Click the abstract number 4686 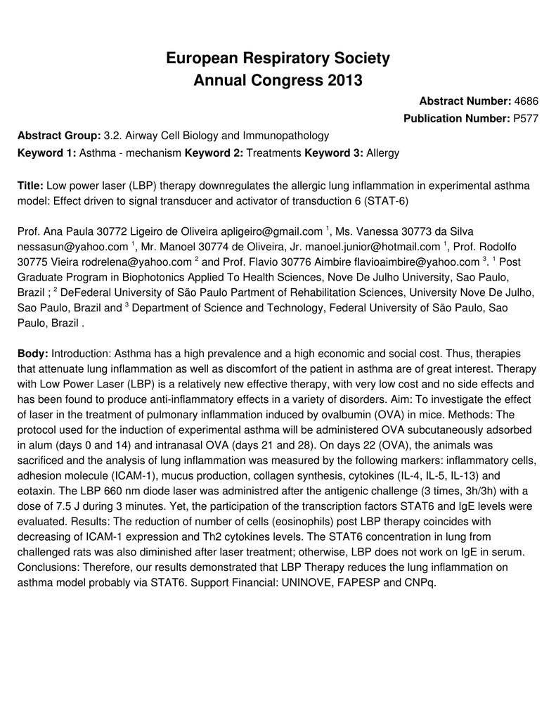point(526,102)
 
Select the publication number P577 point(526,118)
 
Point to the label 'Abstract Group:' point(59,135)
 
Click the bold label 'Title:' point(30,185)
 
